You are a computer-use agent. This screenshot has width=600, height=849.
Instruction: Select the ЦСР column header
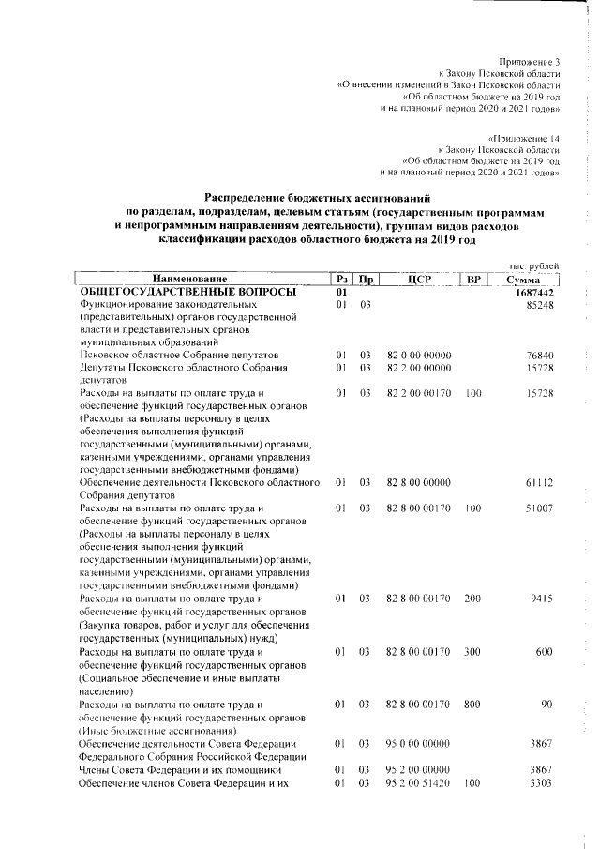[418, 280]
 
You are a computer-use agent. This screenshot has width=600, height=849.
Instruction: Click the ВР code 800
[472, 703]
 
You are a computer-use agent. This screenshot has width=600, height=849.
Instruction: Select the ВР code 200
[472, 597]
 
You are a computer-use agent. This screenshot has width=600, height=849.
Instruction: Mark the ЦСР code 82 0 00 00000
[419, 356]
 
